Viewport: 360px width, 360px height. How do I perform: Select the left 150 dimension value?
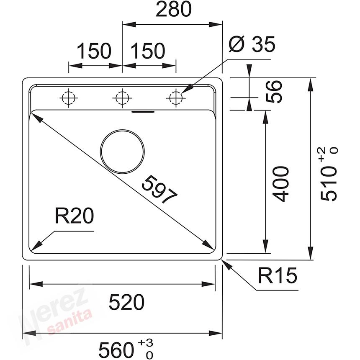[94, 51]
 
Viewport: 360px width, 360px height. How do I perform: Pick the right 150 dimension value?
[148, 51]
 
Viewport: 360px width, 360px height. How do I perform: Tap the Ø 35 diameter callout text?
[252, 44]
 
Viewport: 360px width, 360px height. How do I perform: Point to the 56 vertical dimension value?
[274, 92]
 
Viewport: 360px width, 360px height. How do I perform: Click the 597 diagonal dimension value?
[159, 190]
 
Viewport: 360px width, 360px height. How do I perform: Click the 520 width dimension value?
[126, 302]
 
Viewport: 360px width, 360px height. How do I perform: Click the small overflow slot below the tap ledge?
[143, 112]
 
